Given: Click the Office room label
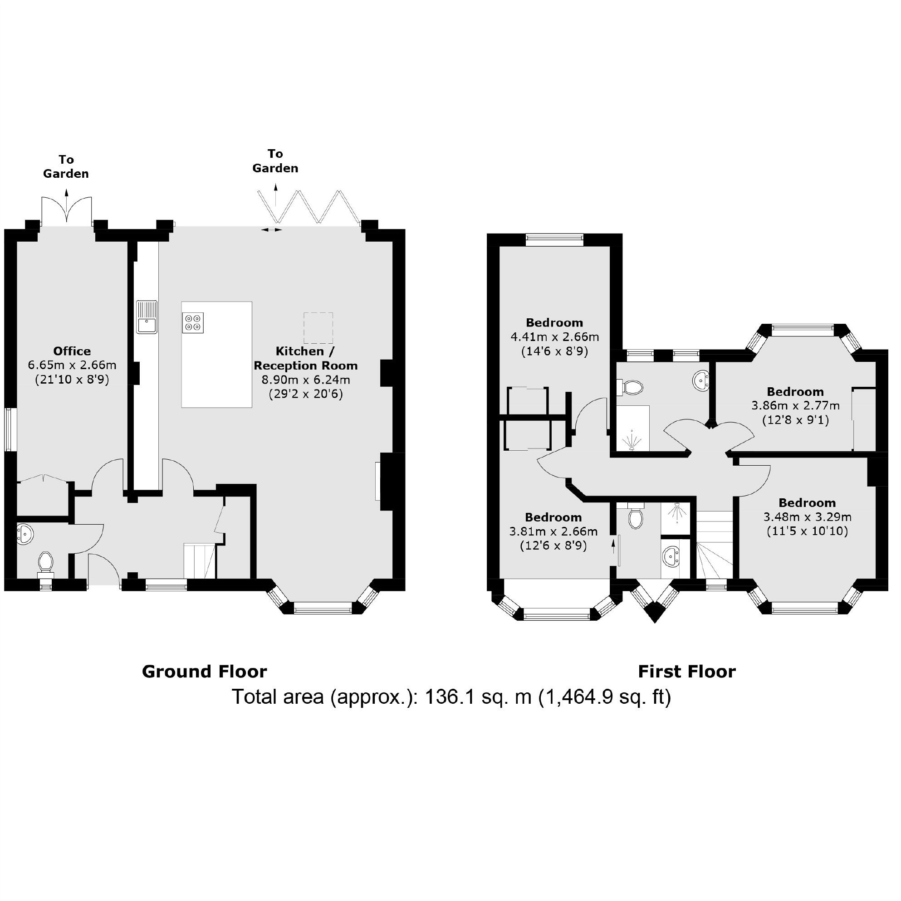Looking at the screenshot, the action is pos(72,351).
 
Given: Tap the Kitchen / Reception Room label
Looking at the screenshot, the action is pos(306,358).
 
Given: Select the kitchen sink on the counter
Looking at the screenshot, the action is pos(147,317).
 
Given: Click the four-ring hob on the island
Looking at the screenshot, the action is pos(193,322).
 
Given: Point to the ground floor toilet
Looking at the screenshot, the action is pos(45,565).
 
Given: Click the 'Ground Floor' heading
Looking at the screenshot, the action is pos(204,672).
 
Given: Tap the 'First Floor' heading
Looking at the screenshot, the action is pos(687,672).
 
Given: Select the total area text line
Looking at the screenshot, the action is pos(451,697).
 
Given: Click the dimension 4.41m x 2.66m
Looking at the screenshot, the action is pos(555,337).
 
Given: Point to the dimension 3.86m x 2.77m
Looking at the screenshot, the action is pos(796,406).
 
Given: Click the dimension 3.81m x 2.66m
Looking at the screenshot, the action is pos(553,531).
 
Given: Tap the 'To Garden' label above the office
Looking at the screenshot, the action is pos(66,166).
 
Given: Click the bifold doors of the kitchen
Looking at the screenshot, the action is pos(309,207).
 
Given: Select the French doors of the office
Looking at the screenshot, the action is pos(67,210).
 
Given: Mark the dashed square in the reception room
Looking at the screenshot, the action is pos(318,328).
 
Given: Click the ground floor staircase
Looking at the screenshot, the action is pos(200,560).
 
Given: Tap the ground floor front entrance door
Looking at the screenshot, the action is pos(103,569).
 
